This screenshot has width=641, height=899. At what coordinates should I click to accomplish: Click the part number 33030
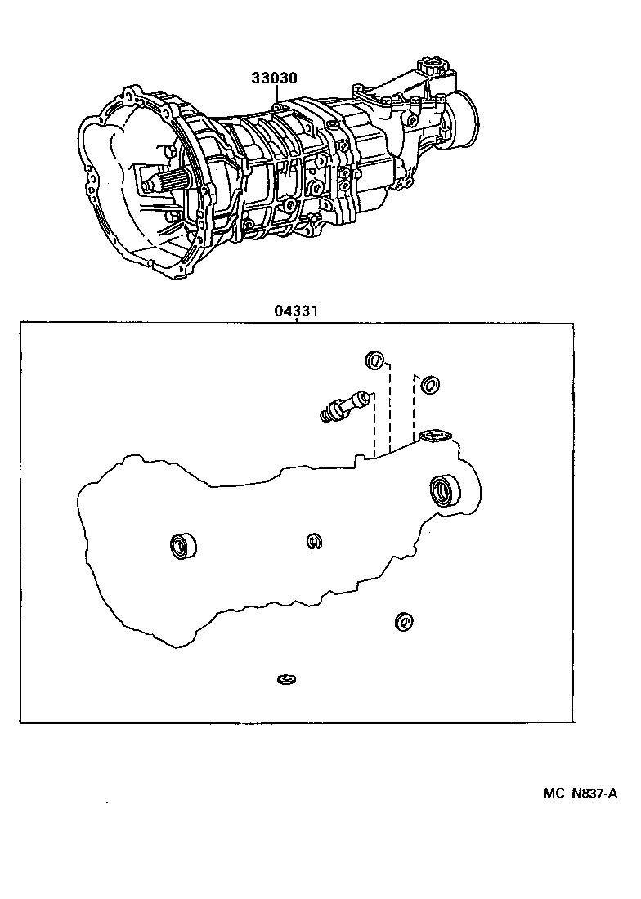click(x=274, y=79)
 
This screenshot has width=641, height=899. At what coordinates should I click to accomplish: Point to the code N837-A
click(x=594, y=793)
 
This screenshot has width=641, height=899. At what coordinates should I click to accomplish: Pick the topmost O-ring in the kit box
click(x=374, y=360)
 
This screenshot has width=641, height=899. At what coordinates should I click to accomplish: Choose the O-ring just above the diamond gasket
click(x=430, y=383)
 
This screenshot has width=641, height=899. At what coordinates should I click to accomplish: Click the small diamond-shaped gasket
click(x=436, y=437)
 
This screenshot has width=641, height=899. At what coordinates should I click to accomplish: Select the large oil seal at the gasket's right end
click(x=446, y=490)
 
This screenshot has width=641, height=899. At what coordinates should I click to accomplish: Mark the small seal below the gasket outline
click(x=402, y=622)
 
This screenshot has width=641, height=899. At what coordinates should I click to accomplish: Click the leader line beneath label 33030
click(x=276, y=95)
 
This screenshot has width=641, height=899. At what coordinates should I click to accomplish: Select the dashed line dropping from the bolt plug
click(x=374, y=425)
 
